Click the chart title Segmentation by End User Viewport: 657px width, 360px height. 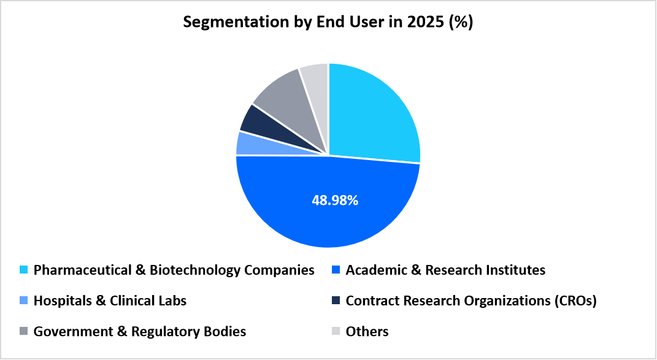[x=328, y=23]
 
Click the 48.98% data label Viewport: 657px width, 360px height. [x=328, y=200]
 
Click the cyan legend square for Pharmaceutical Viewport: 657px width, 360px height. [x=24, y=270]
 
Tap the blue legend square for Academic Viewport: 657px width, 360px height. [x=336, y=270]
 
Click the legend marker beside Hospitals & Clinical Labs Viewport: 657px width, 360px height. [x=24, y=301]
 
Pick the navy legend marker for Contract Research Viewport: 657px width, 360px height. [x=336, y=301]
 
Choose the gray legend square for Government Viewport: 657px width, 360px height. [x=24, y=332]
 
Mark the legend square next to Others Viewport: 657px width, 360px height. [x=336, y=332]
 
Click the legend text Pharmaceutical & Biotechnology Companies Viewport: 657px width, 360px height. [x=174, y=270]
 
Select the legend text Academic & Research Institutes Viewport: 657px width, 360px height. [x=445, y=270]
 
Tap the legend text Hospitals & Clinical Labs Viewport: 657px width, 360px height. [x=110, y=301]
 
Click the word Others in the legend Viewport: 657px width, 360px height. [x=367, y=332]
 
